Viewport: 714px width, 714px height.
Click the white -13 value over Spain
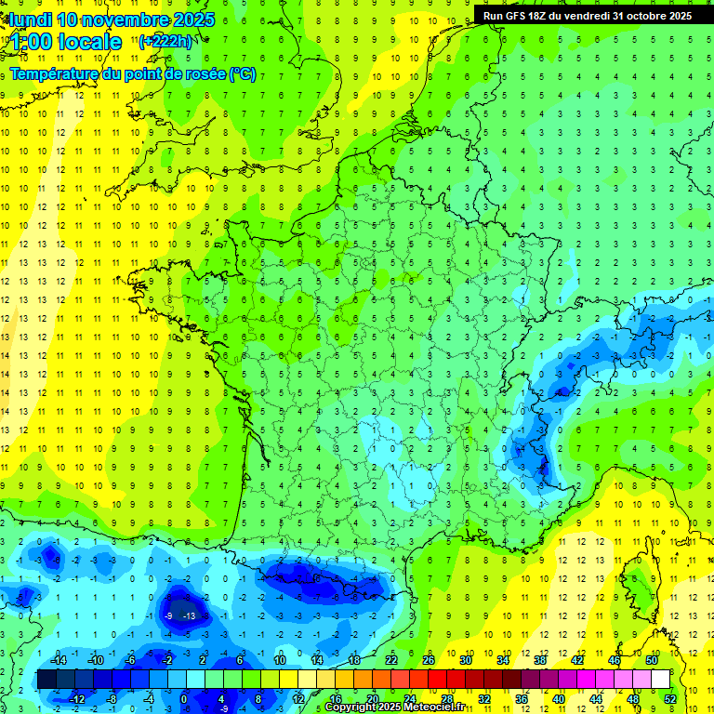[189, 615]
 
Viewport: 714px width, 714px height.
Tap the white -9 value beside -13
[168, 615]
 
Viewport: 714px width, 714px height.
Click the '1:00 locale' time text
[66, 42]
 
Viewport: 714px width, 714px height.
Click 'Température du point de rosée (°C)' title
[133, 74]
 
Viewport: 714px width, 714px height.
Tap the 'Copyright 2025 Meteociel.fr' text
[395, 707]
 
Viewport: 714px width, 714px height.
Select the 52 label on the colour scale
[670, 699]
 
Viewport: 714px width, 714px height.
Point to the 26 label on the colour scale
[429, 659]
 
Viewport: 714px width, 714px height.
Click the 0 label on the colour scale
[183, 699]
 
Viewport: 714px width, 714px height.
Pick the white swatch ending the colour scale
[661, 680]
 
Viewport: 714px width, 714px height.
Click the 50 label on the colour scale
[652, 659]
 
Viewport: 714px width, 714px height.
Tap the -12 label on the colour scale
[77, 699]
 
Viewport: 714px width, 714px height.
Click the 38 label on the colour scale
[540, 659]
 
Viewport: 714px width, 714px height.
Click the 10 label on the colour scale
[279, 659]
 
